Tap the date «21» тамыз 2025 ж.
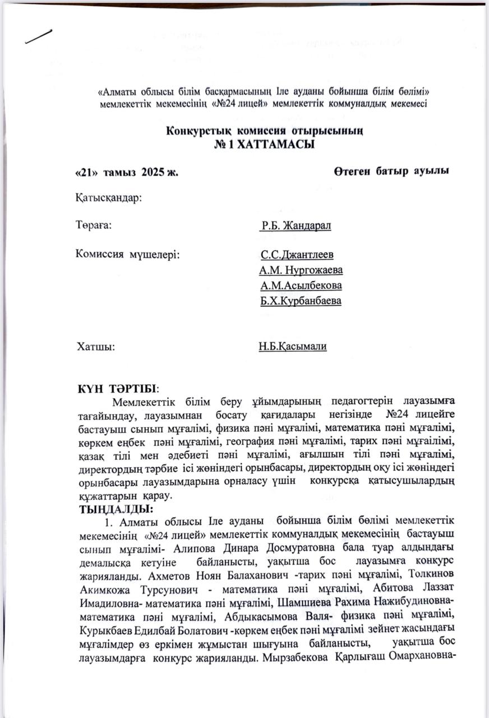pos(127,172)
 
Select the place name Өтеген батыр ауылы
pos(391,171)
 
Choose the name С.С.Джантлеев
pos(297,255)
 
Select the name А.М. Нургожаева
pos(301,270)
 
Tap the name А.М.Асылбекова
pos(301,286)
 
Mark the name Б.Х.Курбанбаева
pos(301,301)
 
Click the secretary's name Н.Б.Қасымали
pos(293,347)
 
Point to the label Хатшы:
pos(95,347)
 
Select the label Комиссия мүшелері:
pos(127,255)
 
